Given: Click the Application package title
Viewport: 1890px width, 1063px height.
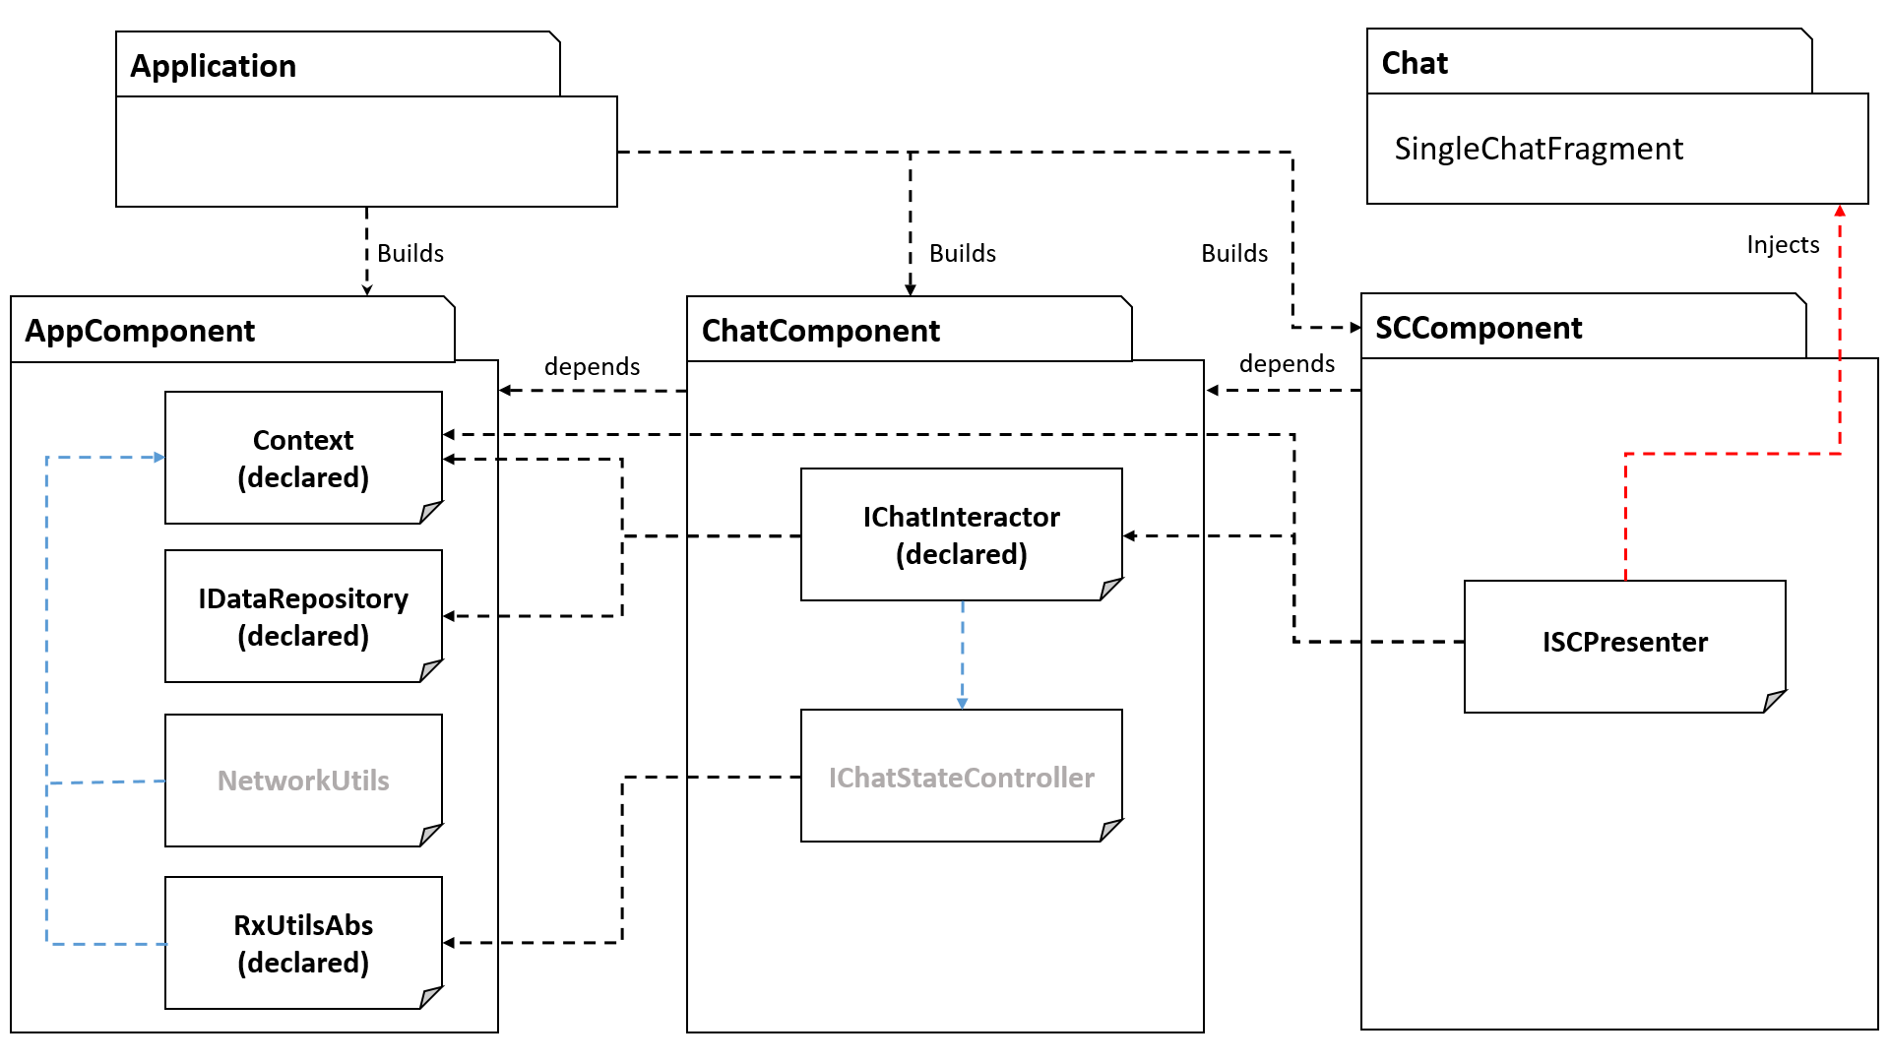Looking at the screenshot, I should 213,66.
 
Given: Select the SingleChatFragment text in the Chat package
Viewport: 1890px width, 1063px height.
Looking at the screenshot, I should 1538,149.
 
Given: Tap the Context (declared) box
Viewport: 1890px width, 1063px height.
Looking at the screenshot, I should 303,458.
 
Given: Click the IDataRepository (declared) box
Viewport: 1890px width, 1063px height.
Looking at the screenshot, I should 303,616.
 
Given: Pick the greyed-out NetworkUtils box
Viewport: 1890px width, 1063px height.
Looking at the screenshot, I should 303,781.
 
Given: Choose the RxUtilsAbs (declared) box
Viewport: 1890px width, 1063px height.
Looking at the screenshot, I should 303,943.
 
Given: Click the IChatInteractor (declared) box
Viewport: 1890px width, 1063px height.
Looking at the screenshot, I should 961,534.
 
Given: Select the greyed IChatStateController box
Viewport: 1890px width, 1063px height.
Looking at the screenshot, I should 961,777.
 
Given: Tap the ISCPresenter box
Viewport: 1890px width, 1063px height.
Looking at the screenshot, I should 1624,643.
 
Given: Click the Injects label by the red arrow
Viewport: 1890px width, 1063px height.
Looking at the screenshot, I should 1783,245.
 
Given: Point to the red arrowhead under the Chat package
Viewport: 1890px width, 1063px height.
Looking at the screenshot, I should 1839,211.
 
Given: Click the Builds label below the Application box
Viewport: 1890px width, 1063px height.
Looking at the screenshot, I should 410,254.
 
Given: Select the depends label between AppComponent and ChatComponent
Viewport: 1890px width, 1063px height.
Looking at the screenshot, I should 592,367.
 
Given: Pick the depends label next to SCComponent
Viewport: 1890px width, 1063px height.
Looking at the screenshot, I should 1287,364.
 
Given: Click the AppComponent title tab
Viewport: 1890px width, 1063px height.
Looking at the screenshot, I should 140,331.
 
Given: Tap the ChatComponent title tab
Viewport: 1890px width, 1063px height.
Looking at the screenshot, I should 821,331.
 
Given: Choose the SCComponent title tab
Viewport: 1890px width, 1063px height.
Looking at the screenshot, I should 1479,328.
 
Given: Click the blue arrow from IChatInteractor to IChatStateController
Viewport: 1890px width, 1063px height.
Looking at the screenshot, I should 963,655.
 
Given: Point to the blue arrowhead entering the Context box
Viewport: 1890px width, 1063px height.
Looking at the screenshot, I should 158,458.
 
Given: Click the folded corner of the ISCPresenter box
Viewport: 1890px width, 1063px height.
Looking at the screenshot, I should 1774,701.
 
